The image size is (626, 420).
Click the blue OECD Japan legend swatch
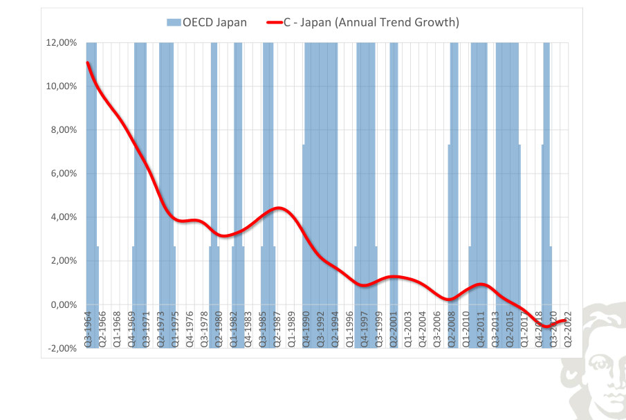[174, 22]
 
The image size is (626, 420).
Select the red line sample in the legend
[275, 23]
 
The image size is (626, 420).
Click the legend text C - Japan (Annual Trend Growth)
[371, 22]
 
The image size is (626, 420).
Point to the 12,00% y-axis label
[62, 43]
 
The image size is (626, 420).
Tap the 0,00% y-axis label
[64, 304]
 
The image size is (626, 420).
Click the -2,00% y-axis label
[62, 348]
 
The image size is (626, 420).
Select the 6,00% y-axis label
[64, 173]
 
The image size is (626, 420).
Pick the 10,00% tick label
[62, 86]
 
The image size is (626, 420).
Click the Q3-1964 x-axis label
[88, 329]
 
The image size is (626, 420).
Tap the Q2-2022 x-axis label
[568, 329]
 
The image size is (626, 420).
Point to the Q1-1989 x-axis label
[291, 329]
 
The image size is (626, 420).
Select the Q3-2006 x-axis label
[436, 329]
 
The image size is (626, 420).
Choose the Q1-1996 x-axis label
[350, 329]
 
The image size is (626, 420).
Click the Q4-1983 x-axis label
[248, 329]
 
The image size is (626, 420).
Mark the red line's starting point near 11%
[87, 63]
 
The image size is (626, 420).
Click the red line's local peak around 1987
[278, 208]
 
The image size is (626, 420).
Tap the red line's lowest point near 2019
[546, 326]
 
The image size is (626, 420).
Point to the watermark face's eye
[598, 364]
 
